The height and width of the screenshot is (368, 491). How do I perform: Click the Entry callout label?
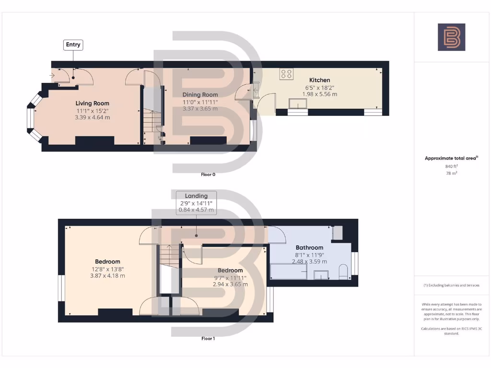click(73, 45)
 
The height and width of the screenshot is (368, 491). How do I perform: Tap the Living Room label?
click(92, 103)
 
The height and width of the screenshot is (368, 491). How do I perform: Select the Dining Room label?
click(200, 95)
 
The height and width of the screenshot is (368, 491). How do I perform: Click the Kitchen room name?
click(319, 80)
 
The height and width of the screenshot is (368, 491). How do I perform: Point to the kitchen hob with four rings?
click(287, 74)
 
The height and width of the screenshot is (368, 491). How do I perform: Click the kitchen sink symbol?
click(297, 104)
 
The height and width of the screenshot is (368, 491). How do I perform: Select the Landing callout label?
click(196, 196)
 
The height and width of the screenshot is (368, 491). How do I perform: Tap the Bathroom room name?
click(309, 248)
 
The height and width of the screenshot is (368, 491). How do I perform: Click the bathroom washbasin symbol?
click(321, 275)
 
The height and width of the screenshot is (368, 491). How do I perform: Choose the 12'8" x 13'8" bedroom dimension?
click(107, 269)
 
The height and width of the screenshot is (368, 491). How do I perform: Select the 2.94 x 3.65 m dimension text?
click(230, 284)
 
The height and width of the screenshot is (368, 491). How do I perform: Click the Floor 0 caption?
click(208, 174)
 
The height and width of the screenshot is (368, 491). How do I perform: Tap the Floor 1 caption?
click(208, 338)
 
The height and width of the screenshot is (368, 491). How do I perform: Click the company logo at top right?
click(451, 37)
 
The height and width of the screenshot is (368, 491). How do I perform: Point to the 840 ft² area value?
click(451, 166)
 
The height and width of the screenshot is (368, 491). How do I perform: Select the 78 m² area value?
click(451, 173)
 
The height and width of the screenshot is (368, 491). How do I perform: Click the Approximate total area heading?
click(451, 158)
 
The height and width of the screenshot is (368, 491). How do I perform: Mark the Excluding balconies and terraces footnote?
click(451, 285)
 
